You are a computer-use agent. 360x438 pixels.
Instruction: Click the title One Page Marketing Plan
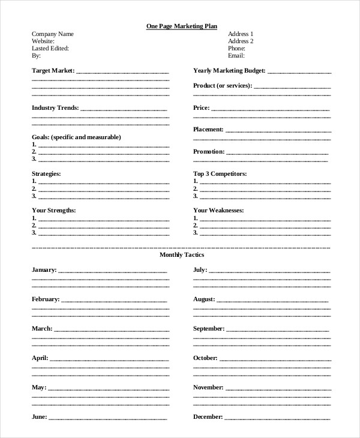[x=182, y=26]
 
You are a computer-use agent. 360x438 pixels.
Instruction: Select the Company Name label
[x=53, y=34]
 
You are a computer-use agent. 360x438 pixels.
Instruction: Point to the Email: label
[x=237, y=55]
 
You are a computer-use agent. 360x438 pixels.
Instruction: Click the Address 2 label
[x=241, y=41]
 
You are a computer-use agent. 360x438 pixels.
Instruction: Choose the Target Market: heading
[x=53, y=71]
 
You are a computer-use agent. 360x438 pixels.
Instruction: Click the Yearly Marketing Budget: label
[x=229, y=71]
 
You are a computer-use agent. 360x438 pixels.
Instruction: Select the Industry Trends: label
[x=55, y=108]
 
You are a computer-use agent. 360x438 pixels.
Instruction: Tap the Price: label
[x=201, y=108]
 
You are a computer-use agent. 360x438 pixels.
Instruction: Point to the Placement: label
[x=208, y=130]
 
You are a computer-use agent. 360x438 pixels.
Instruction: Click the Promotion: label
[x=209, y=152]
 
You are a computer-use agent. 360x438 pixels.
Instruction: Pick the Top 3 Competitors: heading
[x=220, y=173]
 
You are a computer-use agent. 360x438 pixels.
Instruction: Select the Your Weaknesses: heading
[x=218, y=211]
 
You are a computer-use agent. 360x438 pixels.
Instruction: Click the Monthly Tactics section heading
[x=182, y=255]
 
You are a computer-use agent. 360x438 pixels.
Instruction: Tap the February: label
[x=46, y=299]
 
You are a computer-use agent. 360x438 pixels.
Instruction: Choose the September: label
[x=209, y=329]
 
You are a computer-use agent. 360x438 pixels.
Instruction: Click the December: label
[x=208, y=416]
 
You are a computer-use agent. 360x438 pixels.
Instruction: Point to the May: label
[x=38, y=387]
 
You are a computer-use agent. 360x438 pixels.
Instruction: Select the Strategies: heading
[x=46, y=173]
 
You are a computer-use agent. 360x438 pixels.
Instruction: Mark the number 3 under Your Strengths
[x=34, y=233]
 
